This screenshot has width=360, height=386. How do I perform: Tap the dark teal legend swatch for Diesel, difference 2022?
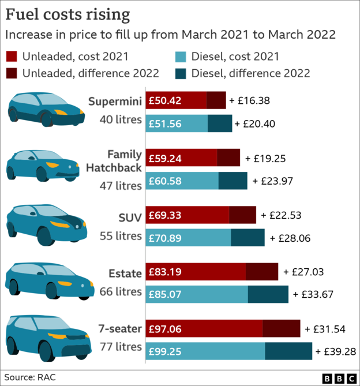(x=181, y=73)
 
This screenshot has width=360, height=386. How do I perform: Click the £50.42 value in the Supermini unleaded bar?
(x=165, y=100)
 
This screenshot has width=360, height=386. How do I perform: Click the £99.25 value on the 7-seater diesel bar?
(x=165, y=351)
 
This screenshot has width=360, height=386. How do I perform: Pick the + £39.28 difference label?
(x=335, y=351)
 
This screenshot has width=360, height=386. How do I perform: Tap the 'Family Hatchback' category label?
(x=114, y=161)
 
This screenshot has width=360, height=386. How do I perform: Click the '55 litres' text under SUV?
(x=120, y=236)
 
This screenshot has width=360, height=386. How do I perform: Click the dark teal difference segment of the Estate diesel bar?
(x=268, y=294)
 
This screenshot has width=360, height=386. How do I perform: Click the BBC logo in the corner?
(x=340, y=378)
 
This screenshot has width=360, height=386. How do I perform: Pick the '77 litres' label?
(x=120, y=347)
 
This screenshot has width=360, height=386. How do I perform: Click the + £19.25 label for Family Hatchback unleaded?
(x=266, y=158)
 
